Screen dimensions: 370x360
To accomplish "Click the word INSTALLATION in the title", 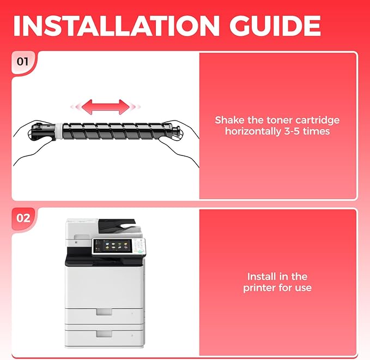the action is tap(117, 26).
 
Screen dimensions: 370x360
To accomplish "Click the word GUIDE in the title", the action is tap(275, 26).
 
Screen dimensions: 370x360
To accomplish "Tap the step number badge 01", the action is tap(22, 62).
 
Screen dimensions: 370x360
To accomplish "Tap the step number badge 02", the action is tap(23, 218).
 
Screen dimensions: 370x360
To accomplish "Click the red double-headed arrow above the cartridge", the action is tap(106, 107).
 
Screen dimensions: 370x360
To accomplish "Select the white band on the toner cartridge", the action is tap(59, 131).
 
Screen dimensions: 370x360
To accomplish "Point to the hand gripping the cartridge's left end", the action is tap(33, 142).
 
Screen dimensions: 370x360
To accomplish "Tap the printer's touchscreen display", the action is tap(112, 245).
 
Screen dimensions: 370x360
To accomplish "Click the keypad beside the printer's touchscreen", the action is tap(139, 246).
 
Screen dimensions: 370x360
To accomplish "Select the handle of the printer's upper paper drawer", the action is tap(104, 312).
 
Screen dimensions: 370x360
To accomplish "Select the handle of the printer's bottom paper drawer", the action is tap(104, 333).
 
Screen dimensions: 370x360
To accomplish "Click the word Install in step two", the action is tap(261, 277).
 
